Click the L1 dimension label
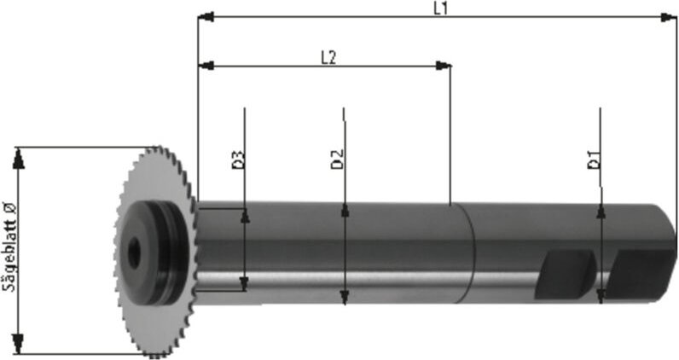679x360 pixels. coord(440,8)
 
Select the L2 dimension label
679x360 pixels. coord(328,57)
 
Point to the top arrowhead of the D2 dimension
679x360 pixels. coord(344,210)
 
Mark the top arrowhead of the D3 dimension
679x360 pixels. coord(246,216)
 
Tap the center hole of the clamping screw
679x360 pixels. coord(134,252)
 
